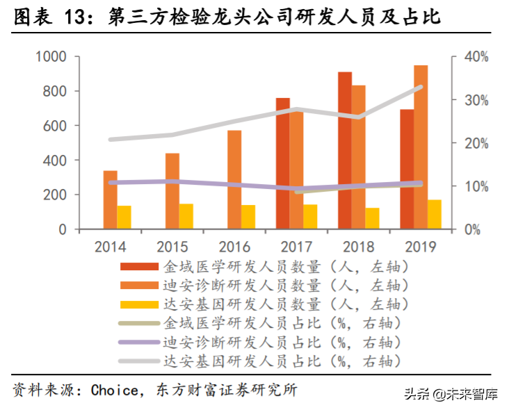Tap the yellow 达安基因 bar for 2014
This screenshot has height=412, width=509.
(x=124, y=217)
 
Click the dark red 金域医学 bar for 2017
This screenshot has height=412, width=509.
(x=282, y=163)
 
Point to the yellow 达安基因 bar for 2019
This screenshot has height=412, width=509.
(x=435, y=214)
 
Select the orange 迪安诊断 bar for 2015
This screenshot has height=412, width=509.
(x=172, y=190)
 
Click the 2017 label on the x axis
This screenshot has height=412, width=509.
(x=296, y=247)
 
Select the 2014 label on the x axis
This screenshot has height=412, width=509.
(x=110, y=247)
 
